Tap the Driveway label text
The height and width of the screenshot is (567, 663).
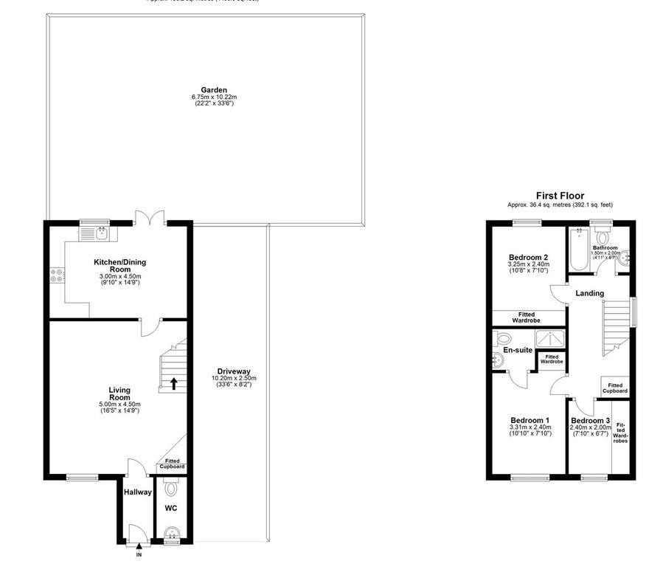click(234, 371)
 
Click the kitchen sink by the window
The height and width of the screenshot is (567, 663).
click(95, 234)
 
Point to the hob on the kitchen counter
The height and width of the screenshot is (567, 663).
click(57, 276)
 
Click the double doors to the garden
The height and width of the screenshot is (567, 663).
click(150, 219)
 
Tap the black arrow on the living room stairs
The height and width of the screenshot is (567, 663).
click(174, 383)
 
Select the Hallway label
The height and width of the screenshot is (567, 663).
click(137, 492)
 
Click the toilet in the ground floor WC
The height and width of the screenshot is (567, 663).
click(172, 488)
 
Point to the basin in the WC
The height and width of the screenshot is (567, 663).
click(172, 534)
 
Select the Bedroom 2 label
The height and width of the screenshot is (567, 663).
click(525, 256)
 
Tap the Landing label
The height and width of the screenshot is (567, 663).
click(589, 293)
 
